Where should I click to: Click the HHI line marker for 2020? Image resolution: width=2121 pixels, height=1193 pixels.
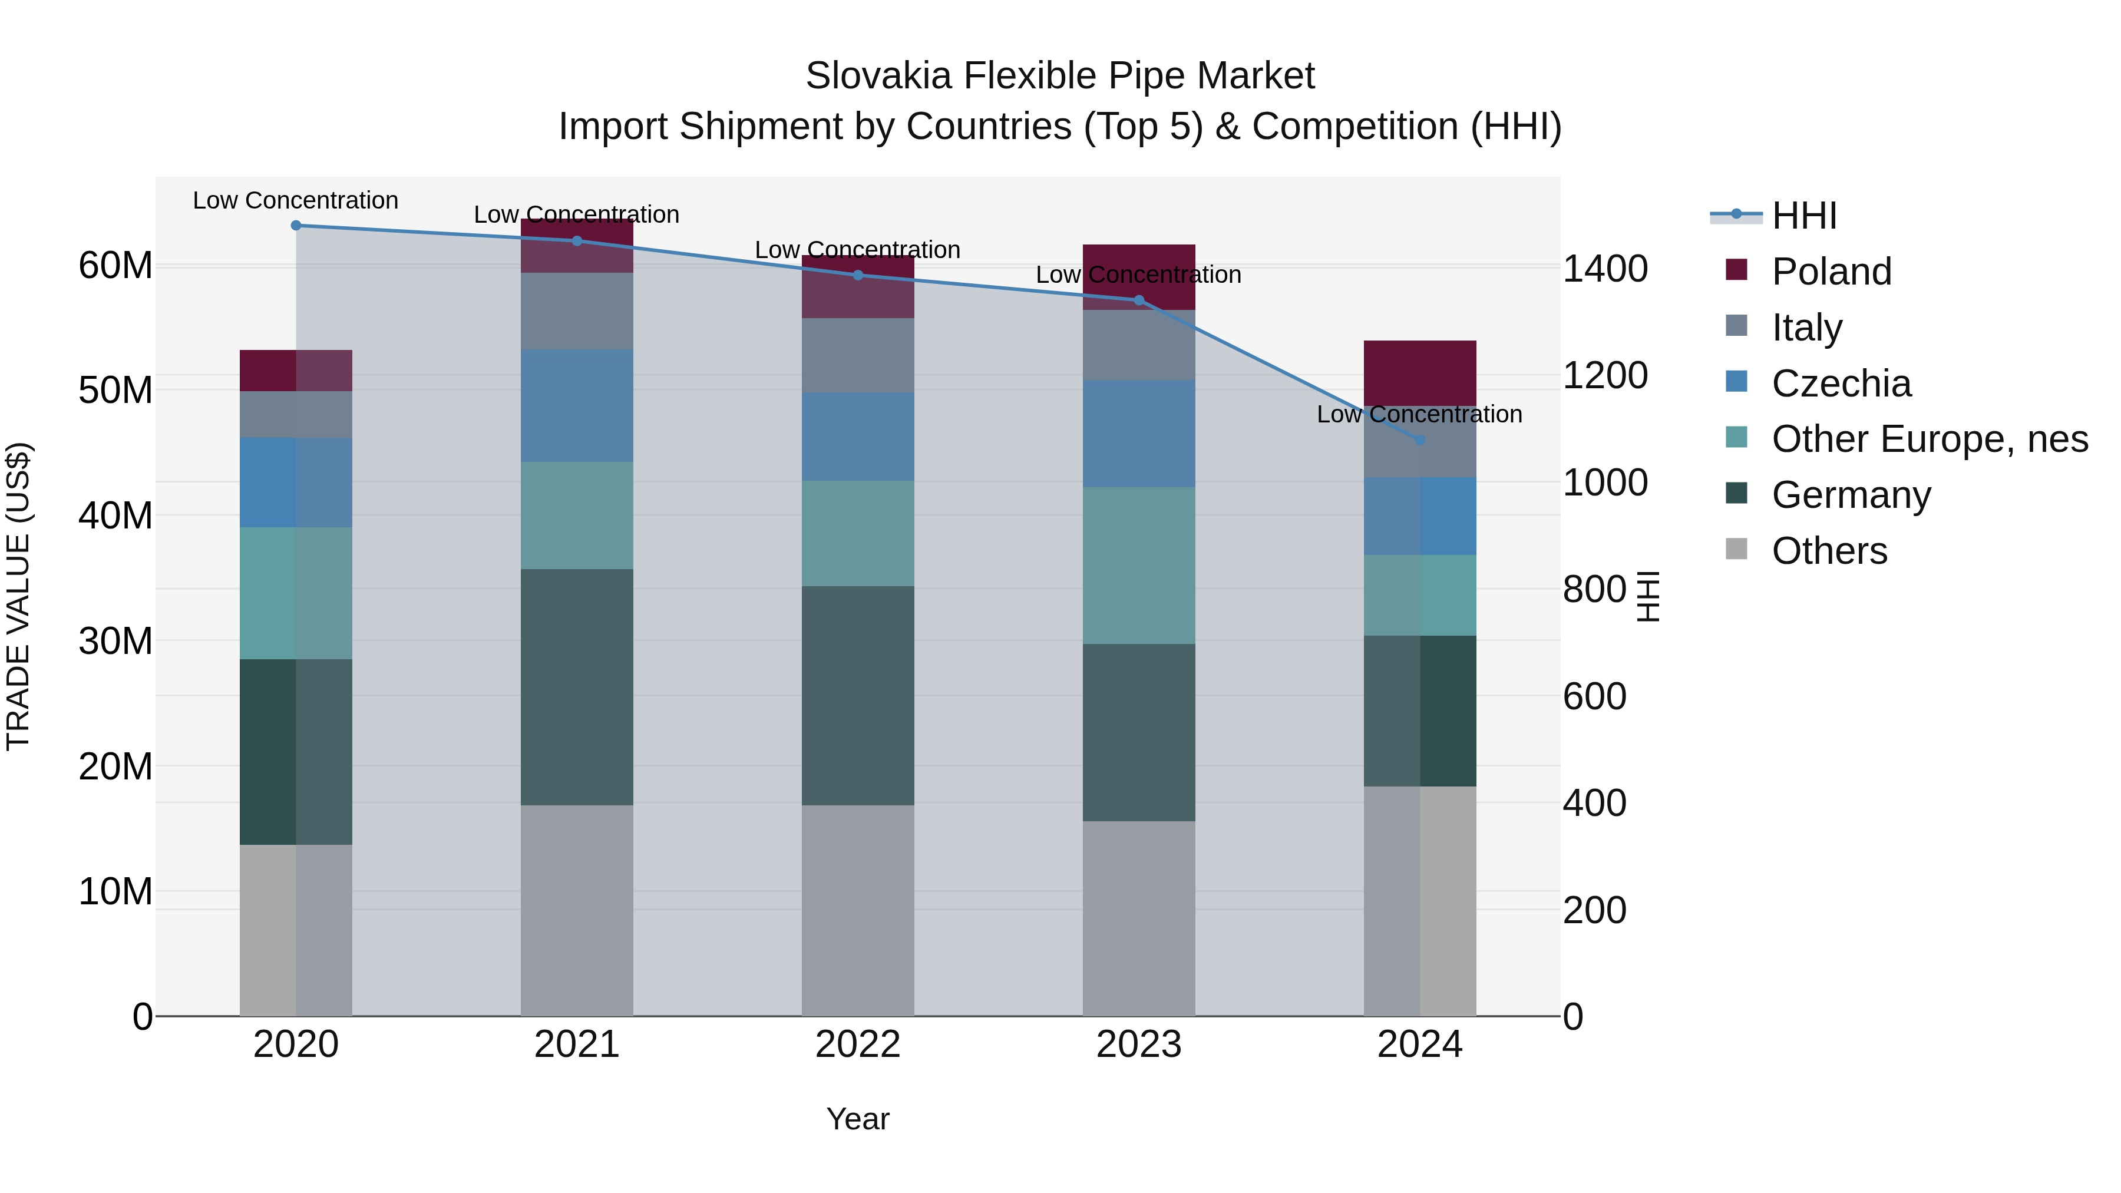tap(296, 226)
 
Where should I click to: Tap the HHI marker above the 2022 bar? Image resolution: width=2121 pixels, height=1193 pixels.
tap(858, 275)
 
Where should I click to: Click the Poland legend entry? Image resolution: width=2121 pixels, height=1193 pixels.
tap(1831, 272)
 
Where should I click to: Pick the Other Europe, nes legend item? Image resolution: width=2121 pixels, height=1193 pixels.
tap(1929, 439)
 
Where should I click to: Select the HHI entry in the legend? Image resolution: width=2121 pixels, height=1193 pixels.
tap(1803, 216)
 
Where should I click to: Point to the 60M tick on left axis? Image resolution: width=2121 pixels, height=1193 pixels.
tap(115, 266)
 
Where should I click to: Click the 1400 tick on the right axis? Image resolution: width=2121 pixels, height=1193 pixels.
tap(1605, 269)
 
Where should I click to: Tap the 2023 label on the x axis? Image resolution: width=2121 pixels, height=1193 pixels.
tap(1139, 1045)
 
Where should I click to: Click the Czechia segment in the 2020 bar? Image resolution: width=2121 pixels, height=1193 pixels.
tap(296, 483)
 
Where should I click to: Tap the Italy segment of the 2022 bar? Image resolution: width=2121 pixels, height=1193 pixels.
tap(858, 356)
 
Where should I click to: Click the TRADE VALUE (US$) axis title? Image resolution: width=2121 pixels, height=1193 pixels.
tap(19, 596)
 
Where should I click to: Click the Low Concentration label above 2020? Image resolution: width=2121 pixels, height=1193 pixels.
tap(296, 201)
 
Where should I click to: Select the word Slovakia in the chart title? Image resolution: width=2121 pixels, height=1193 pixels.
tap(878, 76)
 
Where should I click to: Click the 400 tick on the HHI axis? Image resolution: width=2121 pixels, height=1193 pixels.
tap(1594, 804)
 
